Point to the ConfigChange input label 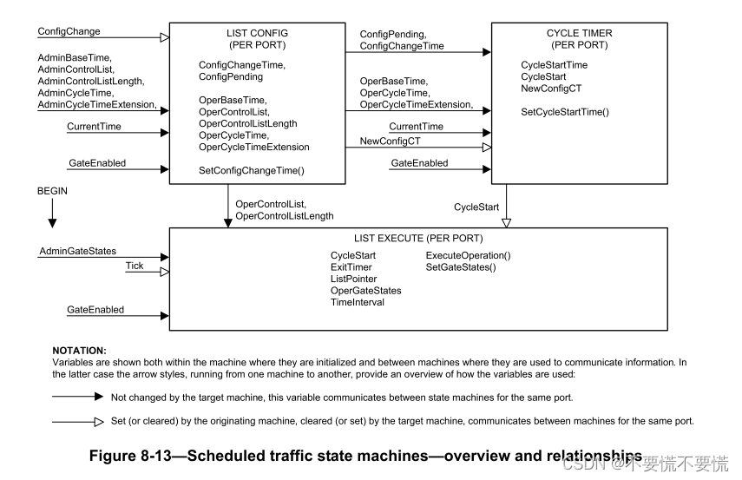(x=69, y=31)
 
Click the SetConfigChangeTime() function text (x=251, y=171)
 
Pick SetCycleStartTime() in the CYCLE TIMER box (x=564, y=112)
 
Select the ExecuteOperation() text (x=468, y=255)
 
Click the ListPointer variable (x=353, y=279)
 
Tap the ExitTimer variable (x=351, y=267)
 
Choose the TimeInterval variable (x=357, y=302)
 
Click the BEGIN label (x=52, y=189)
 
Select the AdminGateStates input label (x=77, y=251)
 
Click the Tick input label (x=134, y=266)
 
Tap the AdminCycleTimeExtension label (x=96, y=105)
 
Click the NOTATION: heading (x=79, y=351)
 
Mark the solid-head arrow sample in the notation (x=78, y=396)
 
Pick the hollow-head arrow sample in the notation (x=78, y=421)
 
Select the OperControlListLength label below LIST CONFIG (x=284, y=215)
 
